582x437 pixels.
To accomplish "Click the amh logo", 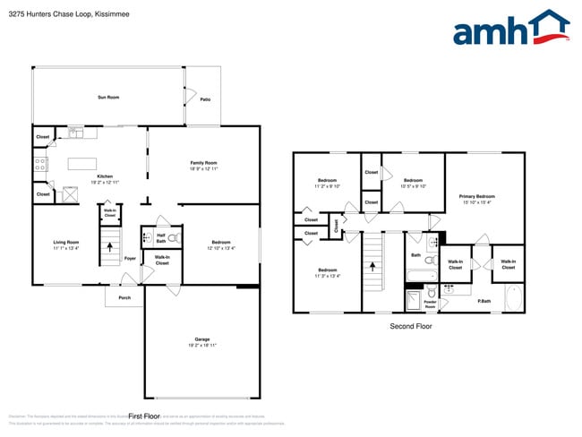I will tap(510, 29).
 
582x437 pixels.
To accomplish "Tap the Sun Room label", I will tap(108, 97).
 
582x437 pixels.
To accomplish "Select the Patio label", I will tap(205, 99).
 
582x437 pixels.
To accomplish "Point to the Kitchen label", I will tap(105, 176).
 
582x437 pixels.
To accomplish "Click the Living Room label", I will tap(65, 242).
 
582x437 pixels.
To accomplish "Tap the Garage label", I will tap(202, 339).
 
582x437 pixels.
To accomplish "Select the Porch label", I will tap(124, 298).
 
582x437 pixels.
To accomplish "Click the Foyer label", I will tap(130, 259).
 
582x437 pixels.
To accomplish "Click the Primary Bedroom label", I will tap(476, 196).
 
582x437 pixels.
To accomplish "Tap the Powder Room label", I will tap(430, 304).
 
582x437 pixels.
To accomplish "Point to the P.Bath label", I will tap(484, 301).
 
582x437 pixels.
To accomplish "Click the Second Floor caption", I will tap(410, 327).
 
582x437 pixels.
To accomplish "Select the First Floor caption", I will tap(143, 416).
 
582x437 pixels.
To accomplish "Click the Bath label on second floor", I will tap(415, 255).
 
